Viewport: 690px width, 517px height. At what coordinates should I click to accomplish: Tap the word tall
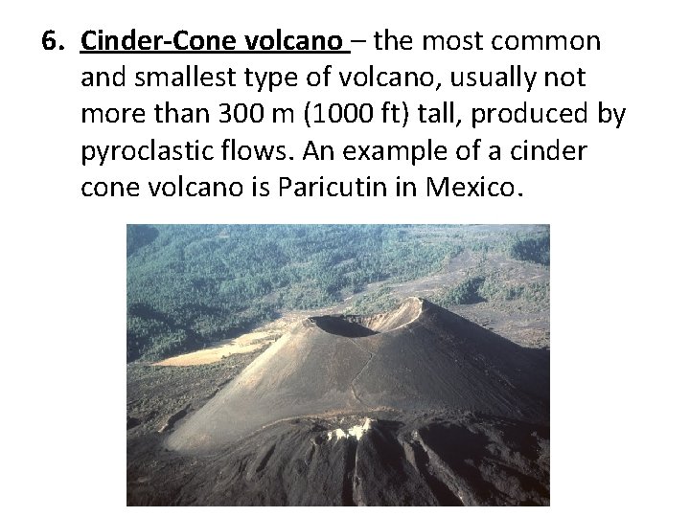(424, 115)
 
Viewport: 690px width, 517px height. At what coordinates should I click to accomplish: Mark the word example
(394, 151)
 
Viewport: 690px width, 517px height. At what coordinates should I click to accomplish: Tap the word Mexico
(471, 188)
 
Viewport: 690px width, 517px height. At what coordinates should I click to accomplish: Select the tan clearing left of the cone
(206, 351)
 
